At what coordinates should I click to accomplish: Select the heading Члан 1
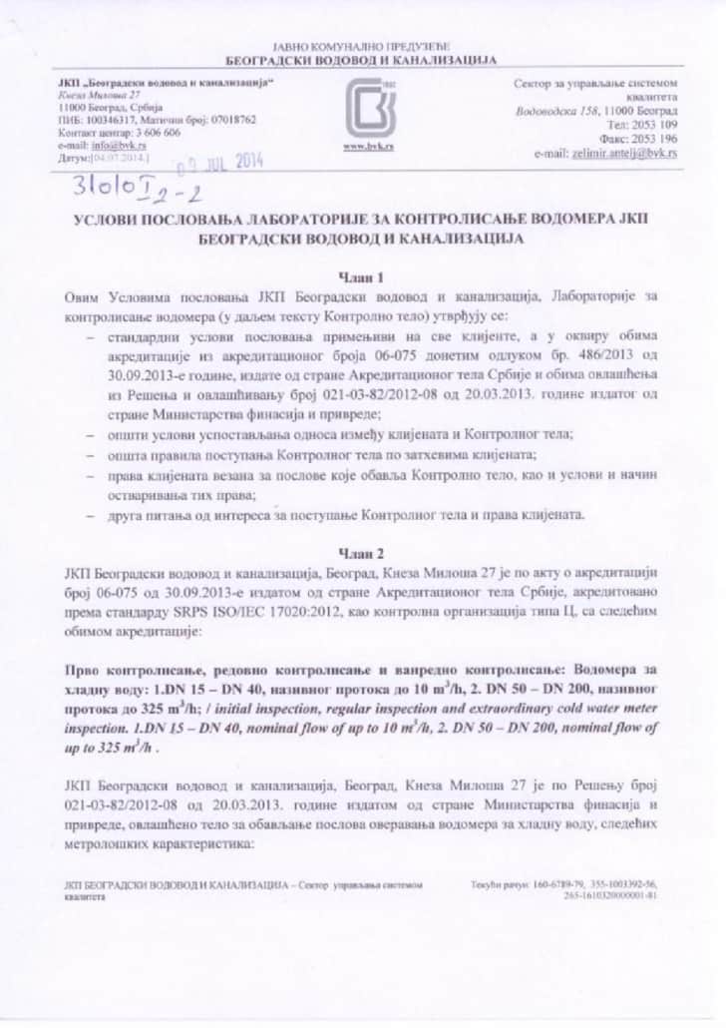pyautogui.click(x=363, y=275)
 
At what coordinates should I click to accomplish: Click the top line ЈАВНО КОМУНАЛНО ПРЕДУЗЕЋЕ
pyautogui.click(x=363, y=47)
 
